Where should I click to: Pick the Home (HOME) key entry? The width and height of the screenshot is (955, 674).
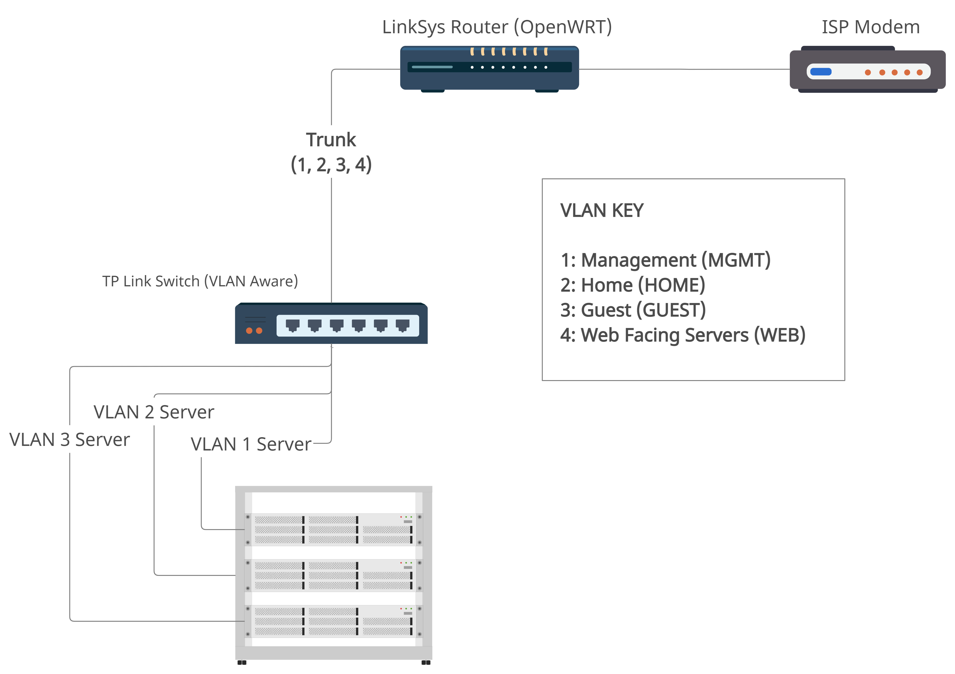coord(632,285)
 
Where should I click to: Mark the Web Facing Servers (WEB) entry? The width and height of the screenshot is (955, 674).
coord(683,335)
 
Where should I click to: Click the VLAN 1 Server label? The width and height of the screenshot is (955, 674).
coord(251,444)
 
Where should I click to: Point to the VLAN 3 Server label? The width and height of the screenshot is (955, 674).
coord(69,440)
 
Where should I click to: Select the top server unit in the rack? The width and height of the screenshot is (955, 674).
coord(333,529)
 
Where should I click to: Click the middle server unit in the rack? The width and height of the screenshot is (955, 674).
coord(333,575)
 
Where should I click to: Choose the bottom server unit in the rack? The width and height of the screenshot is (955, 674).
coord(333,621)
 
